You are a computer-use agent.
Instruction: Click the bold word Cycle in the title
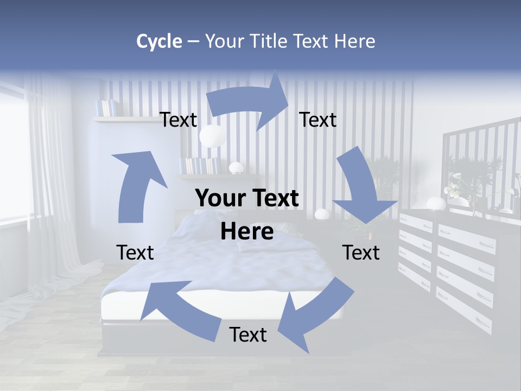[x=159, y=41]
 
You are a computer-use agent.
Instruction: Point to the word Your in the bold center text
[x=219, y=199]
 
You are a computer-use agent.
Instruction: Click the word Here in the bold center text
[x=247, y=231]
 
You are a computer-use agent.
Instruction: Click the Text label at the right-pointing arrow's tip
[x=318, y=119]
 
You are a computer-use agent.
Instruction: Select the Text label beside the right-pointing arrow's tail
[x=179, y=119]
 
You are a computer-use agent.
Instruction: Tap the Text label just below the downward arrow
[x=361, y=253]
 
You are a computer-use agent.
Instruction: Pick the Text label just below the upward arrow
[x=135, y=253]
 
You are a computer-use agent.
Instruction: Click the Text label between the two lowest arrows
[x=248, y=335]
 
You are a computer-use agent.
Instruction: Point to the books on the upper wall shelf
[x=105, y=108]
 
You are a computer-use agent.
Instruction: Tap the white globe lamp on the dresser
[x=435, y=204]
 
